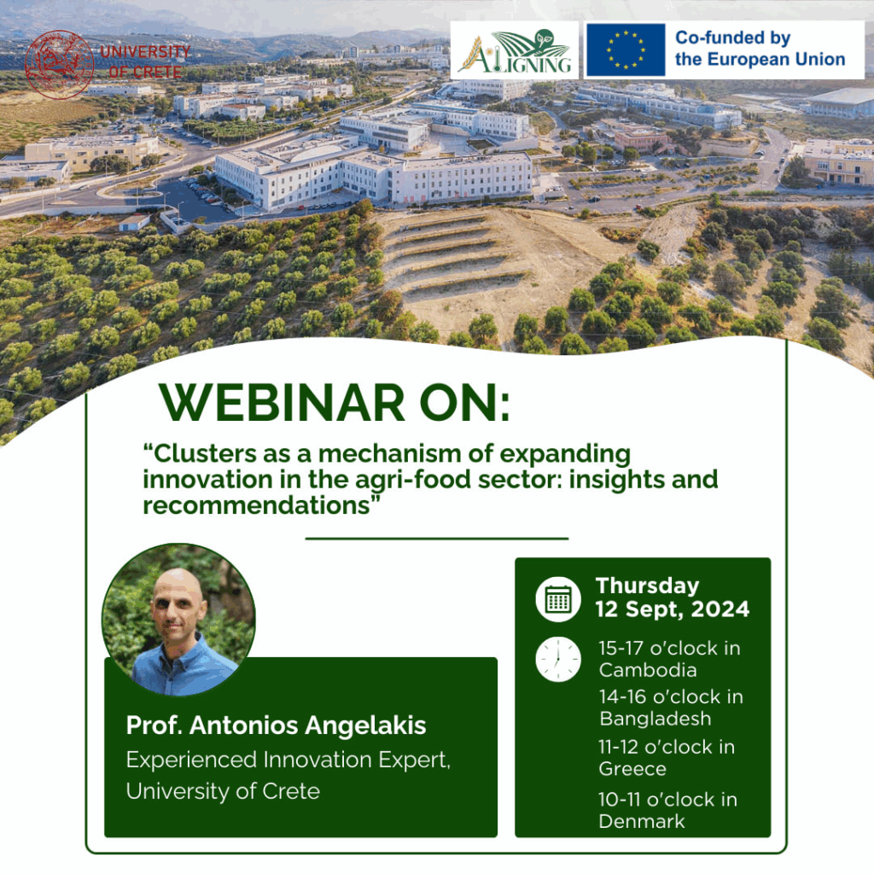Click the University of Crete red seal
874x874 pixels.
[x=59, y=65]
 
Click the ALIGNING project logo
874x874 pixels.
[x=515, y=50]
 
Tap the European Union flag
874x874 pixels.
[x=626, y=50]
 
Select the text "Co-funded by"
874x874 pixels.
[x=732, y=38]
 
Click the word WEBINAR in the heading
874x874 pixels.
[x=282, y=403]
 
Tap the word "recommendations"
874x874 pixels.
[x=256, y=505]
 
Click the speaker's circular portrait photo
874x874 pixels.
[x=178, y=620]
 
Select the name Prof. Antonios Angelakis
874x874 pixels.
[x=276, y=725]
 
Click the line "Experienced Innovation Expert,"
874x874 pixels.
[x=288, y=760]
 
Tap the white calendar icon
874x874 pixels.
[x=558, y=599]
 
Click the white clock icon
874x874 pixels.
[x=558, y=660]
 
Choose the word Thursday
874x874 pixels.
[x=647, y=586]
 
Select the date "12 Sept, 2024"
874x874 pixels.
[x=673, y=609]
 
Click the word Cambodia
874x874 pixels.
[x=648, y=670]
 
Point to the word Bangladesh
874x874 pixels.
[x=655, y=719]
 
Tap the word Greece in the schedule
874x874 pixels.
[x=632, y=769]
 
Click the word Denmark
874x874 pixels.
[x=642, y=822]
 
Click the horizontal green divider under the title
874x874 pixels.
[x=436, y=539]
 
